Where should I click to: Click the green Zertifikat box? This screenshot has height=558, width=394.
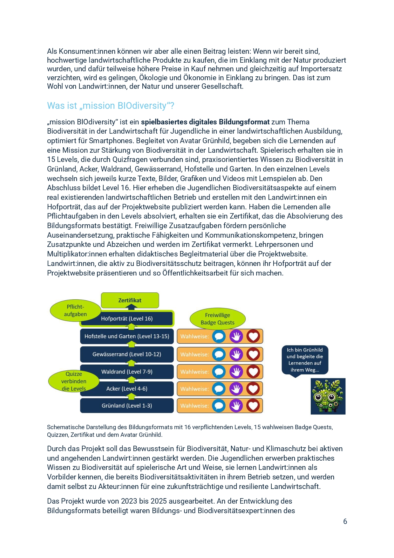[130, 300]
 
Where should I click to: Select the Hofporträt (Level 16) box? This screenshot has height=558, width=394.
[127, 318]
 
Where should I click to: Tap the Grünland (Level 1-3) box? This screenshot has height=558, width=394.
[127, 406]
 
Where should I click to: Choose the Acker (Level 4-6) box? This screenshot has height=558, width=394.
[127, 389]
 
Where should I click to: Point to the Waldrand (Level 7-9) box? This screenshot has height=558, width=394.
[127, 372]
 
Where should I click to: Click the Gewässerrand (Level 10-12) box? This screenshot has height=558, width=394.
[127, 354]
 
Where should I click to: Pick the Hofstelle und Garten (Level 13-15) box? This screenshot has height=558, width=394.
[127, 336]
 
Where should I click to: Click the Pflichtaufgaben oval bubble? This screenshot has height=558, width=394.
[75, 310]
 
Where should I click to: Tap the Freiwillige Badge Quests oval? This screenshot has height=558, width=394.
[218, 319]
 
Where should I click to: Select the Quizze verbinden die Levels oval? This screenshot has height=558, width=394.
[74, 381]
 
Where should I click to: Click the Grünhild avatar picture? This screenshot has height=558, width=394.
[328, 396]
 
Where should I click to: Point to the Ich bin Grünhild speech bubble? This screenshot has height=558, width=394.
[305, 360]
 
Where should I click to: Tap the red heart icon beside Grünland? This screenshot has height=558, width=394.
[253, 406]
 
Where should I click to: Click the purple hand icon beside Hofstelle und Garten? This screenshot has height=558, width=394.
[236, 336]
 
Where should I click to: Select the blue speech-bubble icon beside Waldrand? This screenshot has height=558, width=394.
[219, 372]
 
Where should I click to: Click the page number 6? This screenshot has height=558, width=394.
[345, 521]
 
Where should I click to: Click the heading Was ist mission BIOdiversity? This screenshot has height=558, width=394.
[111, 106]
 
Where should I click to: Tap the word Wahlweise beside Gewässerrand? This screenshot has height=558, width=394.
[194, 354]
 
